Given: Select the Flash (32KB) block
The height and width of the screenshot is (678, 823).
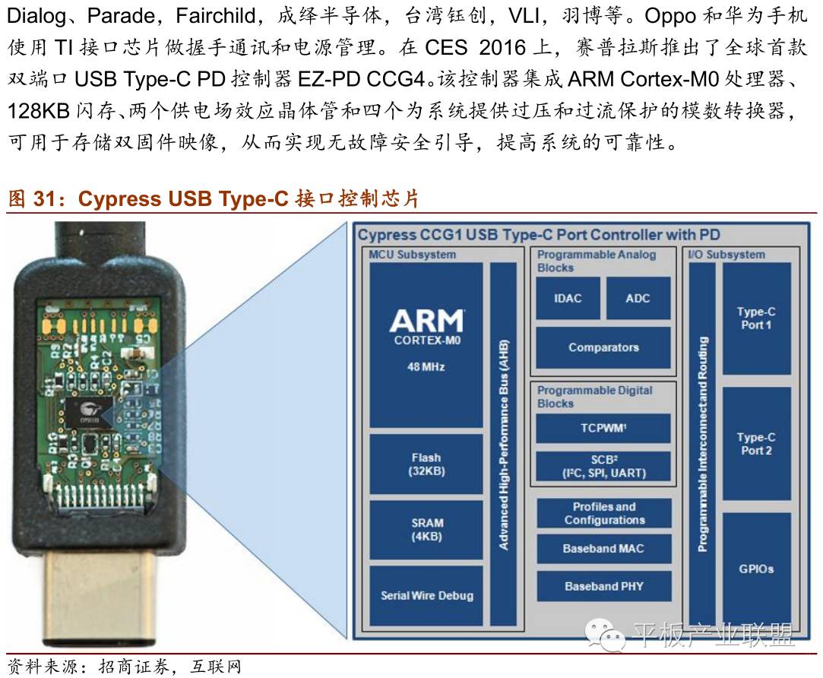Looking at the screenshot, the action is click(426, 464).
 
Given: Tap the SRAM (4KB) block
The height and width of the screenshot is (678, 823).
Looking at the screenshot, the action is click(426, 529).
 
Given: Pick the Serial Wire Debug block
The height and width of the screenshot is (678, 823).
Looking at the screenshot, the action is click(426, 595).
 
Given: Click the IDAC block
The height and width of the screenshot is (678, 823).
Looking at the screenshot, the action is click(568, 298).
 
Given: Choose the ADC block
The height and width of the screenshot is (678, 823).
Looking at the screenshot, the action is click(638, 298).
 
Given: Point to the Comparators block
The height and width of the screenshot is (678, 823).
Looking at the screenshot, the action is click(603, 347).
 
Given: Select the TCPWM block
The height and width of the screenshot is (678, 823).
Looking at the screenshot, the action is click(603, 428).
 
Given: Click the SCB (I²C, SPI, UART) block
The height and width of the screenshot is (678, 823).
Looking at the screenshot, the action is click(603, 465).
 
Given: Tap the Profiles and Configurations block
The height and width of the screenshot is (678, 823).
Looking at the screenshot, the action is click(603, 513).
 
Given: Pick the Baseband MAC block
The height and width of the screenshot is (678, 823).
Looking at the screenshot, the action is click(603, 548).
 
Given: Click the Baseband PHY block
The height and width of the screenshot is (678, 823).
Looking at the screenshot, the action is click(603, 586).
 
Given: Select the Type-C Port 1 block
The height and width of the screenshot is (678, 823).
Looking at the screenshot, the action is click(756, 318).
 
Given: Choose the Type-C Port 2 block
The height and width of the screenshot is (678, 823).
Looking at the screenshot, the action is click(756, 444).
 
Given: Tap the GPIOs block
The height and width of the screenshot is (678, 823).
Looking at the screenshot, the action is click(756, 569).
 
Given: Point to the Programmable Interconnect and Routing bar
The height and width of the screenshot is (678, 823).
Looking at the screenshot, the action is click(702, 444).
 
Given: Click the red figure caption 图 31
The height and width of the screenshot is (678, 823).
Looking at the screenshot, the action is click(213, 199).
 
